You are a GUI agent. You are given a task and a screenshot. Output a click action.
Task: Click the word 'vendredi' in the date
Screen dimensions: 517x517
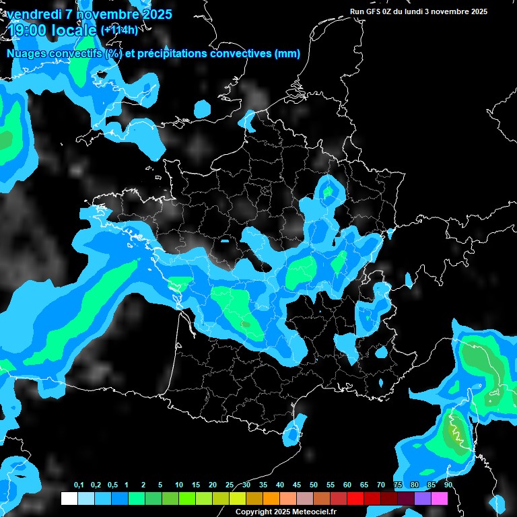(34, 14)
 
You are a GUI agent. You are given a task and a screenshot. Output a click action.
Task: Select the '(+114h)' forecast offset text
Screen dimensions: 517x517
(119, 30)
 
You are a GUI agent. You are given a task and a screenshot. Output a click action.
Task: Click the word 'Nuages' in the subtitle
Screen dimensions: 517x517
(26, 54)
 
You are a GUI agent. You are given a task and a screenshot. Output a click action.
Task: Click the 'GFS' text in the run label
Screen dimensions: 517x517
(374, 11)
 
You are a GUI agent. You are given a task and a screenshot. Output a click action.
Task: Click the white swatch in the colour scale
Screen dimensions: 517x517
(69, 498)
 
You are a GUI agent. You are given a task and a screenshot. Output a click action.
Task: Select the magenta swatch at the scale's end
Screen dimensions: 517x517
(439, 498)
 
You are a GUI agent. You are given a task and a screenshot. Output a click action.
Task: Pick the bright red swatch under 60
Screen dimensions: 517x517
(355, 498)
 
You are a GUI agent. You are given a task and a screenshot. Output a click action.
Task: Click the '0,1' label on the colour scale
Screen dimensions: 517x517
(78, 485)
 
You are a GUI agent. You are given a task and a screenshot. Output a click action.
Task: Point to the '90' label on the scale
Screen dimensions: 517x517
(448, 485)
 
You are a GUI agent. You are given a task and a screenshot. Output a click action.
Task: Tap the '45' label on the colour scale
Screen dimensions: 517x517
(297, 485)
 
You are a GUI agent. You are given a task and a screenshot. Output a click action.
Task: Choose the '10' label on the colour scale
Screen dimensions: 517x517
(178, 485)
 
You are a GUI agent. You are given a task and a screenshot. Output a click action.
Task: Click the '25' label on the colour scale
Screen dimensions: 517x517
(230, 485)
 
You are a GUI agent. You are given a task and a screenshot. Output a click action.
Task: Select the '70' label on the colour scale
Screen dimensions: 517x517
(381, 485)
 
